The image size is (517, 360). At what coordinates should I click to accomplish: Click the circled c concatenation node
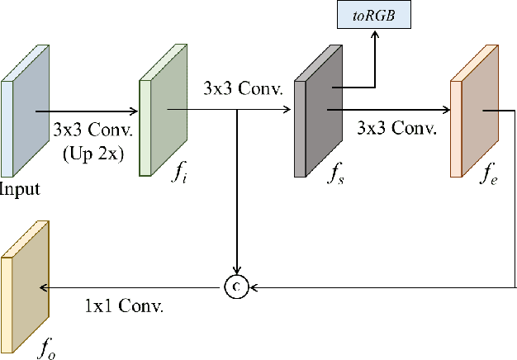[237, 287]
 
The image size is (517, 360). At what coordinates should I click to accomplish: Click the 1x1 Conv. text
[124, 306]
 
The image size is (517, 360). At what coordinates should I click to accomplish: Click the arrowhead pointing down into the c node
[237, 272]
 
